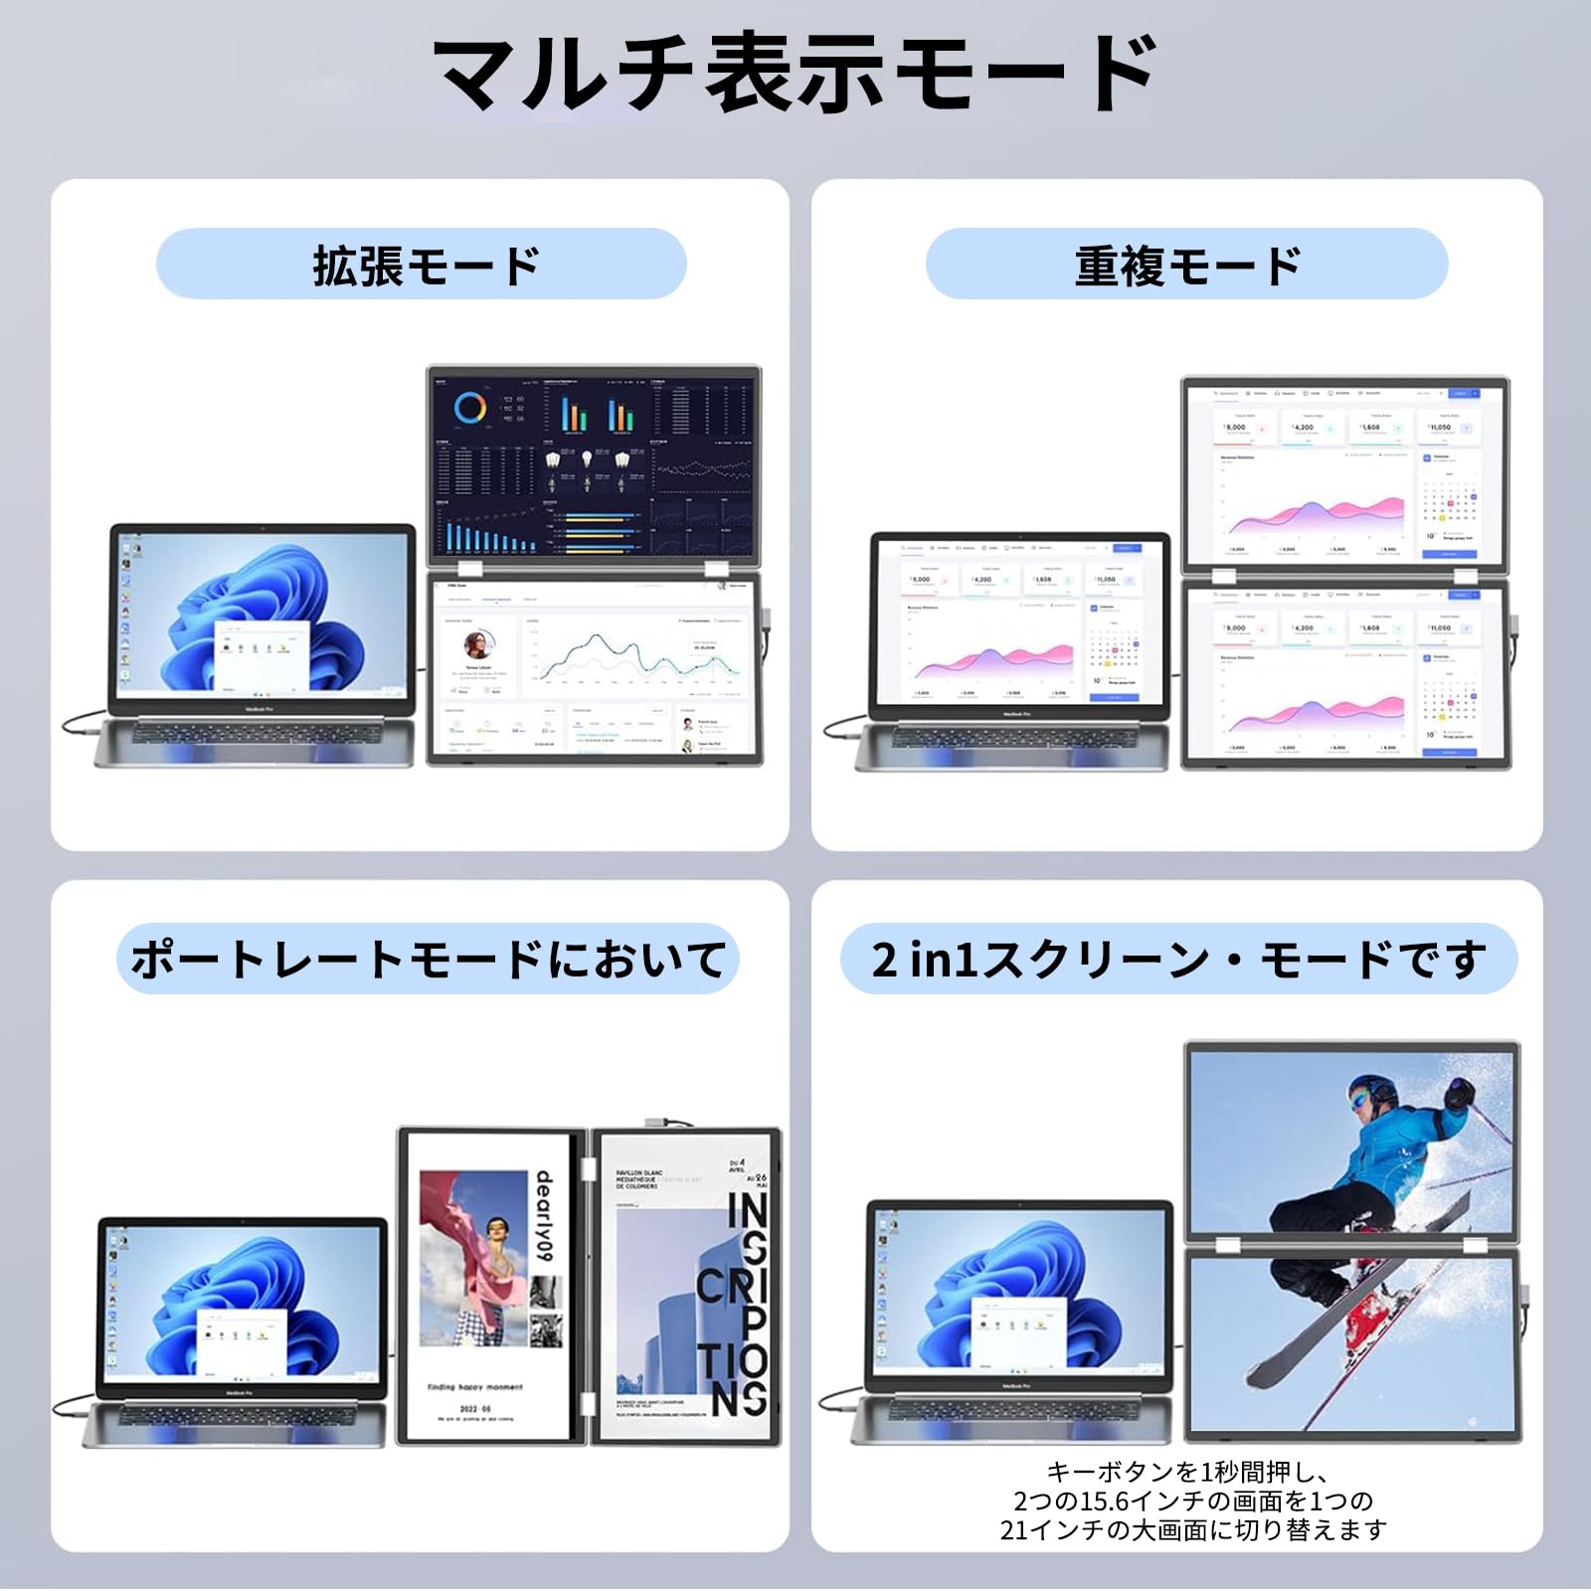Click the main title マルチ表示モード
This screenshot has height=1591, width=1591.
795,75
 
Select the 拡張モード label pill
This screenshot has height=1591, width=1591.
422,265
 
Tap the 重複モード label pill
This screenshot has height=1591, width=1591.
1186,265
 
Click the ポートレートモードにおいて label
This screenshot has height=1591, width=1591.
428,960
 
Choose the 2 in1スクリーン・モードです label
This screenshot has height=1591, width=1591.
1178,960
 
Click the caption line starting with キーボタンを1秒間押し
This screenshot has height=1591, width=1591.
1188,1472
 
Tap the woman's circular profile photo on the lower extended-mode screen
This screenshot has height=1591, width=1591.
479,644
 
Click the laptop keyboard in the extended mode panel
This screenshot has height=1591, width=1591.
254,734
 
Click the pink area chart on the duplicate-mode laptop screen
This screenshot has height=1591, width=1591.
994,660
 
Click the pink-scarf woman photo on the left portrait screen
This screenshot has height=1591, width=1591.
473,1258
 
